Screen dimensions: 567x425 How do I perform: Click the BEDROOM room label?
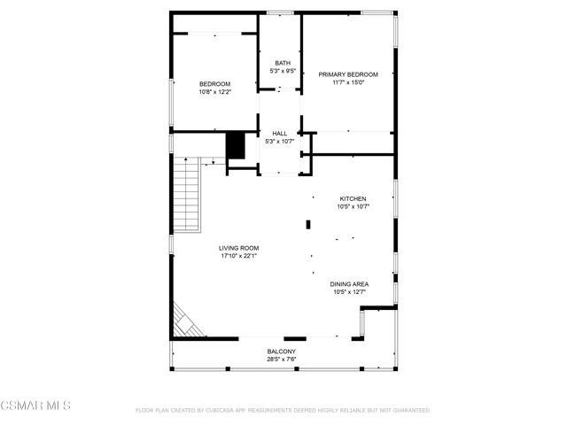(x=214, y=84)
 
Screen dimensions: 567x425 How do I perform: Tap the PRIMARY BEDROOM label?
(x=348, y=74)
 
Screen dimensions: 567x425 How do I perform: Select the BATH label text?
(x=283, y=63)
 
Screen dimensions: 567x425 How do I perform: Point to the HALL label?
(x=280, y=134)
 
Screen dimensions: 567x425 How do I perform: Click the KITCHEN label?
(x=353, y=198)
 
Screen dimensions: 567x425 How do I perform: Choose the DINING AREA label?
(x=349, y=284)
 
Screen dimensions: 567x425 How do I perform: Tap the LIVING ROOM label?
(x=238, y=248)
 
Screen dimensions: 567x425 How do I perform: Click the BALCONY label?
(x=282, y=352)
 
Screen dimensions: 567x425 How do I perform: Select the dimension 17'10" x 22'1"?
(x=239, y=256)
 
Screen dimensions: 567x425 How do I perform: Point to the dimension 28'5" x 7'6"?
(x=282, y=359)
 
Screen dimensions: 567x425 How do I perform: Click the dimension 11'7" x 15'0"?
(x=348, y=82)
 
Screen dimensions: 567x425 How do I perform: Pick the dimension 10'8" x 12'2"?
(x=214, y=92)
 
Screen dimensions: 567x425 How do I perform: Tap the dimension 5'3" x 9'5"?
(x=283, y=71)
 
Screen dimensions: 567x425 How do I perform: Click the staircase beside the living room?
(x=187, y=195)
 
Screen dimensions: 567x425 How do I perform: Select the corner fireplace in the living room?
(x=187, y=321)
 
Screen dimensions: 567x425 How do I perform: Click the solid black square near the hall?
(x=236, y=145)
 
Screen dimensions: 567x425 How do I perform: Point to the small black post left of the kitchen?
(x=308, y=224)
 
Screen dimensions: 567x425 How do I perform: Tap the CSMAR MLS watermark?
(x=35, y=406)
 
